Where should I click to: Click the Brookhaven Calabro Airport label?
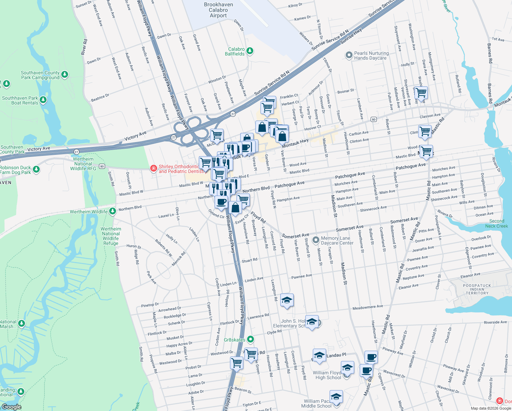pos(218,10)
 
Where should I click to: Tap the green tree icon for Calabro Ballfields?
pos(250,51)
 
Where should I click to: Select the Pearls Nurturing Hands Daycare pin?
pos(349,55)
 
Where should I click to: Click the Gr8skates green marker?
pos(251,339)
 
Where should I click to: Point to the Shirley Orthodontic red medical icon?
pos(154,169)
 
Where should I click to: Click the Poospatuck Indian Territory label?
pos(477,289)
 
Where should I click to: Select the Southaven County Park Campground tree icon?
pos(65,74)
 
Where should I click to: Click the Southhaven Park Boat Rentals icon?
pos(43,100)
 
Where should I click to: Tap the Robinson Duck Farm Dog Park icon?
pos(36,170)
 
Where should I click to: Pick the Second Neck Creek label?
pos(496,224)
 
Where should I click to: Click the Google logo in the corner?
pos(11,407)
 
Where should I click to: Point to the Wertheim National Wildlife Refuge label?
pos(111,236)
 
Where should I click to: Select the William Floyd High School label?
pos(328,375)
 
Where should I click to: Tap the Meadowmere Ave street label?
pos(368,308)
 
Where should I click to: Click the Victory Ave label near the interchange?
pos(135,136)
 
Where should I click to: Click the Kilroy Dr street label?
pos(295,5)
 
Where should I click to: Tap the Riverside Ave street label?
pos(495,322)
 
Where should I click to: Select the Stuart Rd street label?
pos(249,261)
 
